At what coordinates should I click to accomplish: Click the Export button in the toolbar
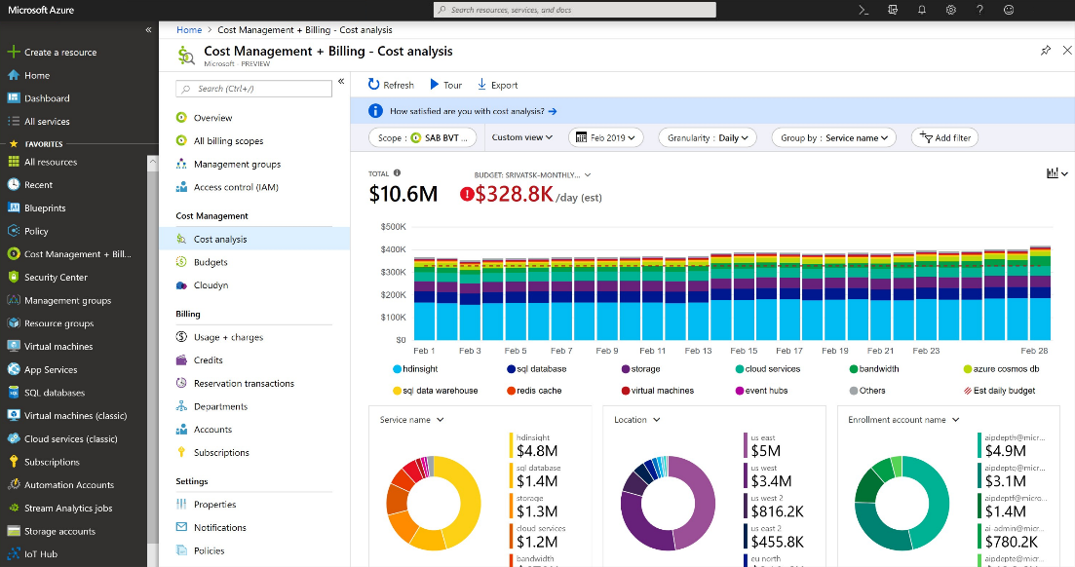(x=498, y=85)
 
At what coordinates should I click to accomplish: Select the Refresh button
(x=391, y=85)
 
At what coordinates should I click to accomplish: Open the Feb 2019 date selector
(x=605, y=137)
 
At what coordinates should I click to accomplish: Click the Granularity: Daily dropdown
(x=708, y=137)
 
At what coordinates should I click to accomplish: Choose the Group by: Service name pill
(x=833, y=137)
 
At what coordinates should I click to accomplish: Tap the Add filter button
(x=943, y=137)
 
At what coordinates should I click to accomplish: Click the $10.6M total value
(x=403, y=194)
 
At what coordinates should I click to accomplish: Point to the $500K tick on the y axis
(x=394, y=226)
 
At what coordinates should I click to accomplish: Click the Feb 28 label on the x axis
(x=1034, y=351)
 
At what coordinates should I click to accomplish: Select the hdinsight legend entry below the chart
(x=424, y=369)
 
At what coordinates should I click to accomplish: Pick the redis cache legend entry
(x=534, y=391)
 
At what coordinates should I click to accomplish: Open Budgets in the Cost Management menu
(x=211, y=262)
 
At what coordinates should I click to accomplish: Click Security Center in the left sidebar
(x=56, y=278)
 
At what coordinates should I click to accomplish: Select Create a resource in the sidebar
(x=59, y=53)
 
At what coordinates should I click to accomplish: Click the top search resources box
(x=575, y=10)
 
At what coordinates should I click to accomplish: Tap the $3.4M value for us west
(x=770, y=480)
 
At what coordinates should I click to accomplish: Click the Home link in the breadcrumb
(x=189, y=30)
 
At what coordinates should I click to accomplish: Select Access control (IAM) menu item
(x=235, y=187)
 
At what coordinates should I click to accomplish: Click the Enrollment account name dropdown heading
(x=902, y=420)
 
